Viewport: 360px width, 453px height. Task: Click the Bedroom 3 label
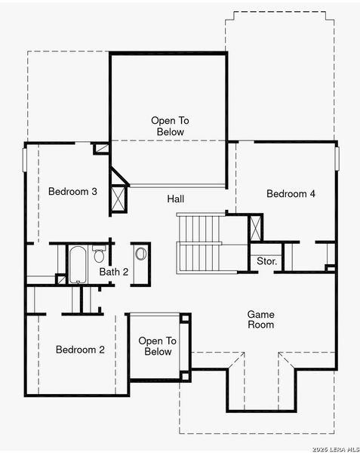(x=72, y=192)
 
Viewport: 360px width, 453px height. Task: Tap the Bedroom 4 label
(x=291, y=194)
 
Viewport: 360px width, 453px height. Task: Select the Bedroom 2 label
(x=80, y=350)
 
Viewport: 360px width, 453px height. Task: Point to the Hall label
(x=176, y=199)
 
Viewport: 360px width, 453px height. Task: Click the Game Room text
(x=260, y=319)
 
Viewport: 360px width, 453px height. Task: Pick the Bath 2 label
(x=114, y=272)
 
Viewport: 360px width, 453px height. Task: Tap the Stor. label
(x=266, y=262)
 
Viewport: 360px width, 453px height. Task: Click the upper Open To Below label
(x=167, y=126)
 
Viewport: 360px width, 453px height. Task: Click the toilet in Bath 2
(x=98, y=254)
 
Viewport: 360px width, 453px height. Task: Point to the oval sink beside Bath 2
(x=141, y=254)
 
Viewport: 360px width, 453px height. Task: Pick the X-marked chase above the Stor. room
(x=257, y=228)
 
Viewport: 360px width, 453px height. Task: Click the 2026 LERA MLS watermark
(x=331, y=448)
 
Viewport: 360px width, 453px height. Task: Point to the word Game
(x=260, y=314)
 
